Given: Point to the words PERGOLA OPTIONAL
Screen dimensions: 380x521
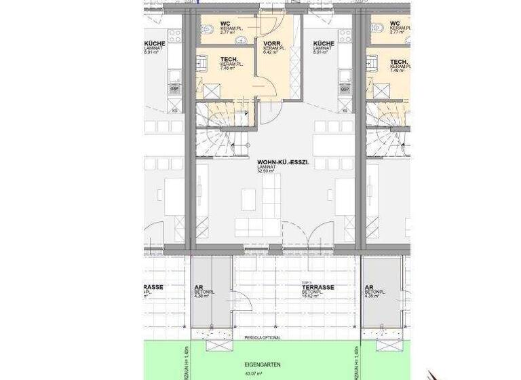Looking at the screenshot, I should [x=261, y=338].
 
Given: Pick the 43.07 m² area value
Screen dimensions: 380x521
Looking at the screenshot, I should [x=253, y=373].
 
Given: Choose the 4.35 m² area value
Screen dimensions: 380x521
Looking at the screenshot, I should [x=372, y=297].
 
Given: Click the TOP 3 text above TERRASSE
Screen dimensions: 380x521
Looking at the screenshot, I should [x=306, y=282].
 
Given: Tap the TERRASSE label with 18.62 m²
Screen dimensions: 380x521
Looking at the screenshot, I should [x=317, y=288].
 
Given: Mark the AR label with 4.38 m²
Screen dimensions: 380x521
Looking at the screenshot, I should [x=199, y=288].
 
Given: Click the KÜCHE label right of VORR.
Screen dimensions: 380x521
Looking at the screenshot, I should [x=324, y=45].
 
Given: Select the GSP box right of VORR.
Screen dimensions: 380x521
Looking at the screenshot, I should [x=345, y=89].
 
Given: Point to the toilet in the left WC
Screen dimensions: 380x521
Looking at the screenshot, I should [x=208, y=29].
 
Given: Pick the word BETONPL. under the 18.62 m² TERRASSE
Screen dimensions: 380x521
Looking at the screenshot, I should [x=313, y=292].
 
